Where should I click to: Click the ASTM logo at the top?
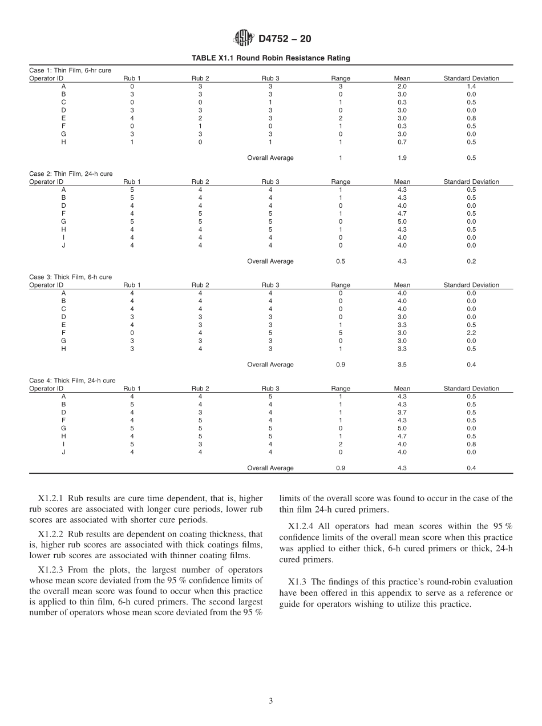pos(244,39)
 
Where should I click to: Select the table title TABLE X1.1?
pos(270,58)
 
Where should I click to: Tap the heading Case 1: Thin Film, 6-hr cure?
pos(70,70)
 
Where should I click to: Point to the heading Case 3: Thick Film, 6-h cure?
pos(70,277)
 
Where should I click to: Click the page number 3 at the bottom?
pos(270,701)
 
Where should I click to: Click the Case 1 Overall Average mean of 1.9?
pos(402,158)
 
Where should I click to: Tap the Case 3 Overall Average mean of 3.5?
pos(402,365)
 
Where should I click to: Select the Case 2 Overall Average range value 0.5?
pos(341,261)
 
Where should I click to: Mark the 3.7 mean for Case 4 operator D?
pos(402,412)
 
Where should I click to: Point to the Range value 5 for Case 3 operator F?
pos(341,333)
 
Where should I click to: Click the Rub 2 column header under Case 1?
pos(200,78)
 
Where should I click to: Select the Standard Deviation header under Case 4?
pos(471,389)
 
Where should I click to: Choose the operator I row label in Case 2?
pos(63,237)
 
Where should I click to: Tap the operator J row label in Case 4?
pos(63,452)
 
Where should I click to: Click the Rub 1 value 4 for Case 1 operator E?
pos(132,118)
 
